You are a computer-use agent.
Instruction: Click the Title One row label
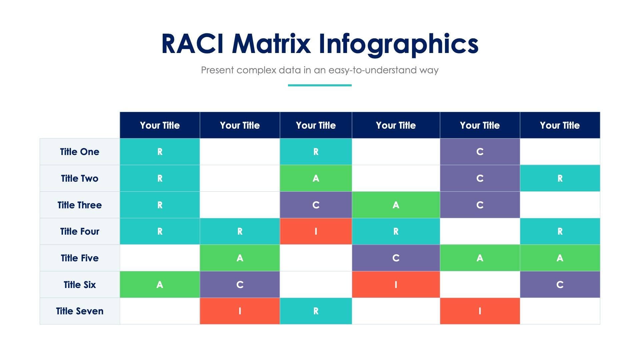[80, 152]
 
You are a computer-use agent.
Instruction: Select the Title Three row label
[80, 205]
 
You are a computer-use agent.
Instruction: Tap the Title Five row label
[80, 258]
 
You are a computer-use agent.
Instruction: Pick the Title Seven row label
[80, 311]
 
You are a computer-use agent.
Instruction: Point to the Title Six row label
[80, 285]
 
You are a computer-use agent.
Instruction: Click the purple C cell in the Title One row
[480, 152]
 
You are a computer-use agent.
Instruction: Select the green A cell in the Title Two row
[316, 178]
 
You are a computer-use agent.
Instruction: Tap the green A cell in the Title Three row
[396, 205]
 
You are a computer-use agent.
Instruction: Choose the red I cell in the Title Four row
[316, 231]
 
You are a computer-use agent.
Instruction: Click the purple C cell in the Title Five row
[396, 258]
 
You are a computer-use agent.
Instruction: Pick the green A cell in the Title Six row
[160, 285]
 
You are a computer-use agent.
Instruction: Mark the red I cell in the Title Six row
[396, 285]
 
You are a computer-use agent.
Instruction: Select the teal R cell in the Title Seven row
[316, 311]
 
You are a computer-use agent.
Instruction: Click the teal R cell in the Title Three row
[160, 205]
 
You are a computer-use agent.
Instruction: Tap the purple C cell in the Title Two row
[480, 178]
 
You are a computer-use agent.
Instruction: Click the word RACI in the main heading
[192, 44]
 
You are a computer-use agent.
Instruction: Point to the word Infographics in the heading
[398, 44]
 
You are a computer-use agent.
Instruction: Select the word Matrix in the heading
[271, 44]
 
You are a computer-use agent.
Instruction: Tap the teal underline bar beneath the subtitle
[320, 85]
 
